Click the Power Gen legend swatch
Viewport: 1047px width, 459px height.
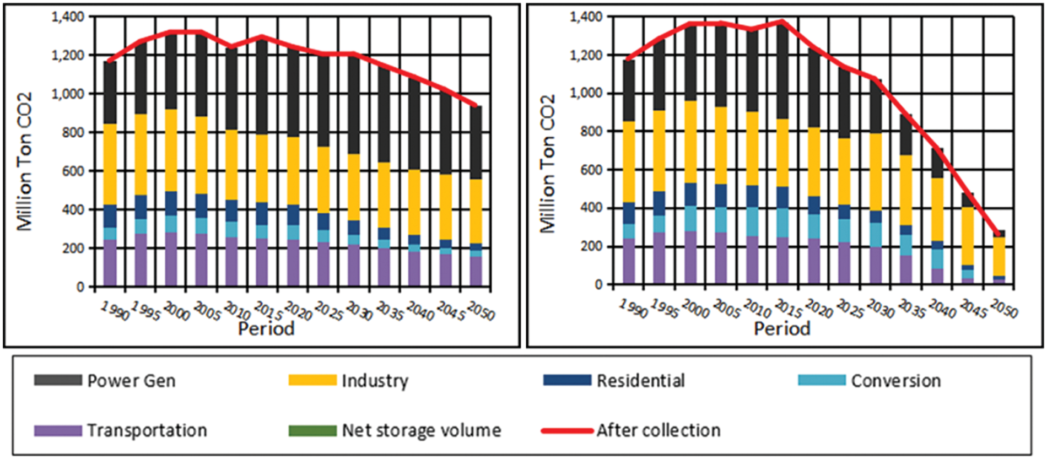57,380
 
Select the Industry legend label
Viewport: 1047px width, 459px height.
375,381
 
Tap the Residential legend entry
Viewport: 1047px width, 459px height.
640,381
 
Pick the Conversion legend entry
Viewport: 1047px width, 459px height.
895,381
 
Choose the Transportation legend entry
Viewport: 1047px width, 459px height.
147,430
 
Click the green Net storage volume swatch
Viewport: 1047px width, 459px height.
312,430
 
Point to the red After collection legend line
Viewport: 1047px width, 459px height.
566,430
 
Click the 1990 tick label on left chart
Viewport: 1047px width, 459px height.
115,311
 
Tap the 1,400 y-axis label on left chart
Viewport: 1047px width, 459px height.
68,17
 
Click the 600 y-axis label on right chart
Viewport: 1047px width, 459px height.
591,170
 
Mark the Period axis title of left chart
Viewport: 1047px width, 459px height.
266,329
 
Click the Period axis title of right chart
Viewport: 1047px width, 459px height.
782,329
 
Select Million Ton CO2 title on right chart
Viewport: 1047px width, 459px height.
548,164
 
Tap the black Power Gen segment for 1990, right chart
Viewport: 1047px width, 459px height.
629,90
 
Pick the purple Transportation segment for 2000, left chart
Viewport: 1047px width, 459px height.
171,259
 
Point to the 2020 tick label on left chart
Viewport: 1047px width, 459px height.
298,311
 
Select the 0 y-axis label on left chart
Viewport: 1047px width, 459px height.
80,287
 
